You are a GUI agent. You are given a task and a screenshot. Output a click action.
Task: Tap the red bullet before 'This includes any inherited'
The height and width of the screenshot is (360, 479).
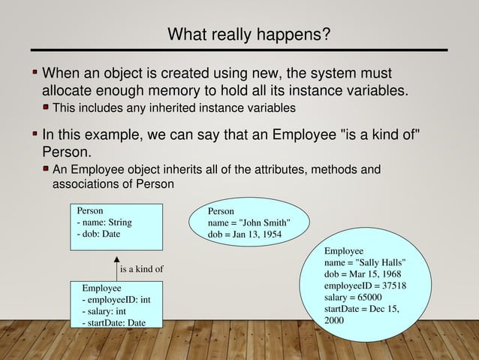(x=47, y=108)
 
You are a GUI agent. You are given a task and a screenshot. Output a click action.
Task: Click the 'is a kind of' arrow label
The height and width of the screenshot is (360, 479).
(x=141, y=269)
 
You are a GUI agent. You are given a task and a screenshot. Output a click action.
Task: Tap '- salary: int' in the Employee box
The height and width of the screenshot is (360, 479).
(x=104, y=311)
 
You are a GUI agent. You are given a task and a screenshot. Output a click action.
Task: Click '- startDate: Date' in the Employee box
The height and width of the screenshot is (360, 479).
(x=114, y=322)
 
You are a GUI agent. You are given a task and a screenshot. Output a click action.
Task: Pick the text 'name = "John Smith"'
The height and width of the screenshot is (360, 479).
(x=248, y=222)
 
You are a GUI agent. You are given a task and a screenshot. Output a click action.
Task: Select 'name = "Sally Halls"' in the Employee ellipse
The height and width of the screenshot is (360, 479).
(x=366, y=263)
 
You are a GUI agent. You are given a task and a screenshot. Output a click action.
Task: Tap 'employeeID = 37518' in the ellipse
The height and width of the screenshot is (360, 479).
(x=366, y=286)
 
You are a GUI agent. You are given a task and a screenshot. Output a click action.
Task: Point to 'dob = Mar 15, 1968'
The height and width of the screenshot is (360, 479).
(x=363, y=275)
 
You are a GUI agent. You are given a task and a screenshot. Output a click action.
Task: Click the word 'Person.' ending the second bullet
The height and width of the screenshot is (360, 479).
(x=64, y=151)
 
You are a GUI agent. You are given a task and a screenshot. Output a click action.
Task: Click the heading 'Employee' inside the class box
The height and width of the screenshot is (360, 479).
(x=101, y=288)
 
